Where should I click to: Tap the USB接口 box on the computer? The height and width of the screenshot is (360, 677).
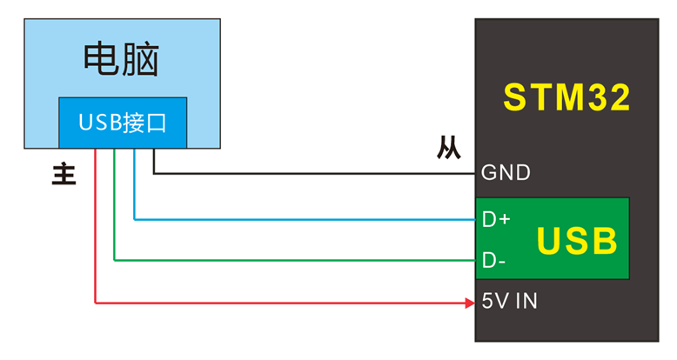(122, 123)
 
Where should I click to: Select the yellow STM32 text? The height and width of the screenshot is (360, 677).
(566, 97)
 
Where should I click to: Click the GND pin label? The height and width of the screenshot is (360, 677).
(506, 173)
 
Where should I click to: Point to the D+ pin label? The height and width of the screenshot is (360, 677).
(496, 219)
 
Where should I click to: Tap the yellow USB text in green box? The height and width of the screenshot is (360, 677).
(577, 241)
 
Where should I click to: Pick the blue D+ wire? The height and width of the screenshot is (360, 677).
(305, 219)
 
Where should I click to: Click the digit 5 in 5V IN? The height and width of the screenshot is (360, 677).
(487, 303)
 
